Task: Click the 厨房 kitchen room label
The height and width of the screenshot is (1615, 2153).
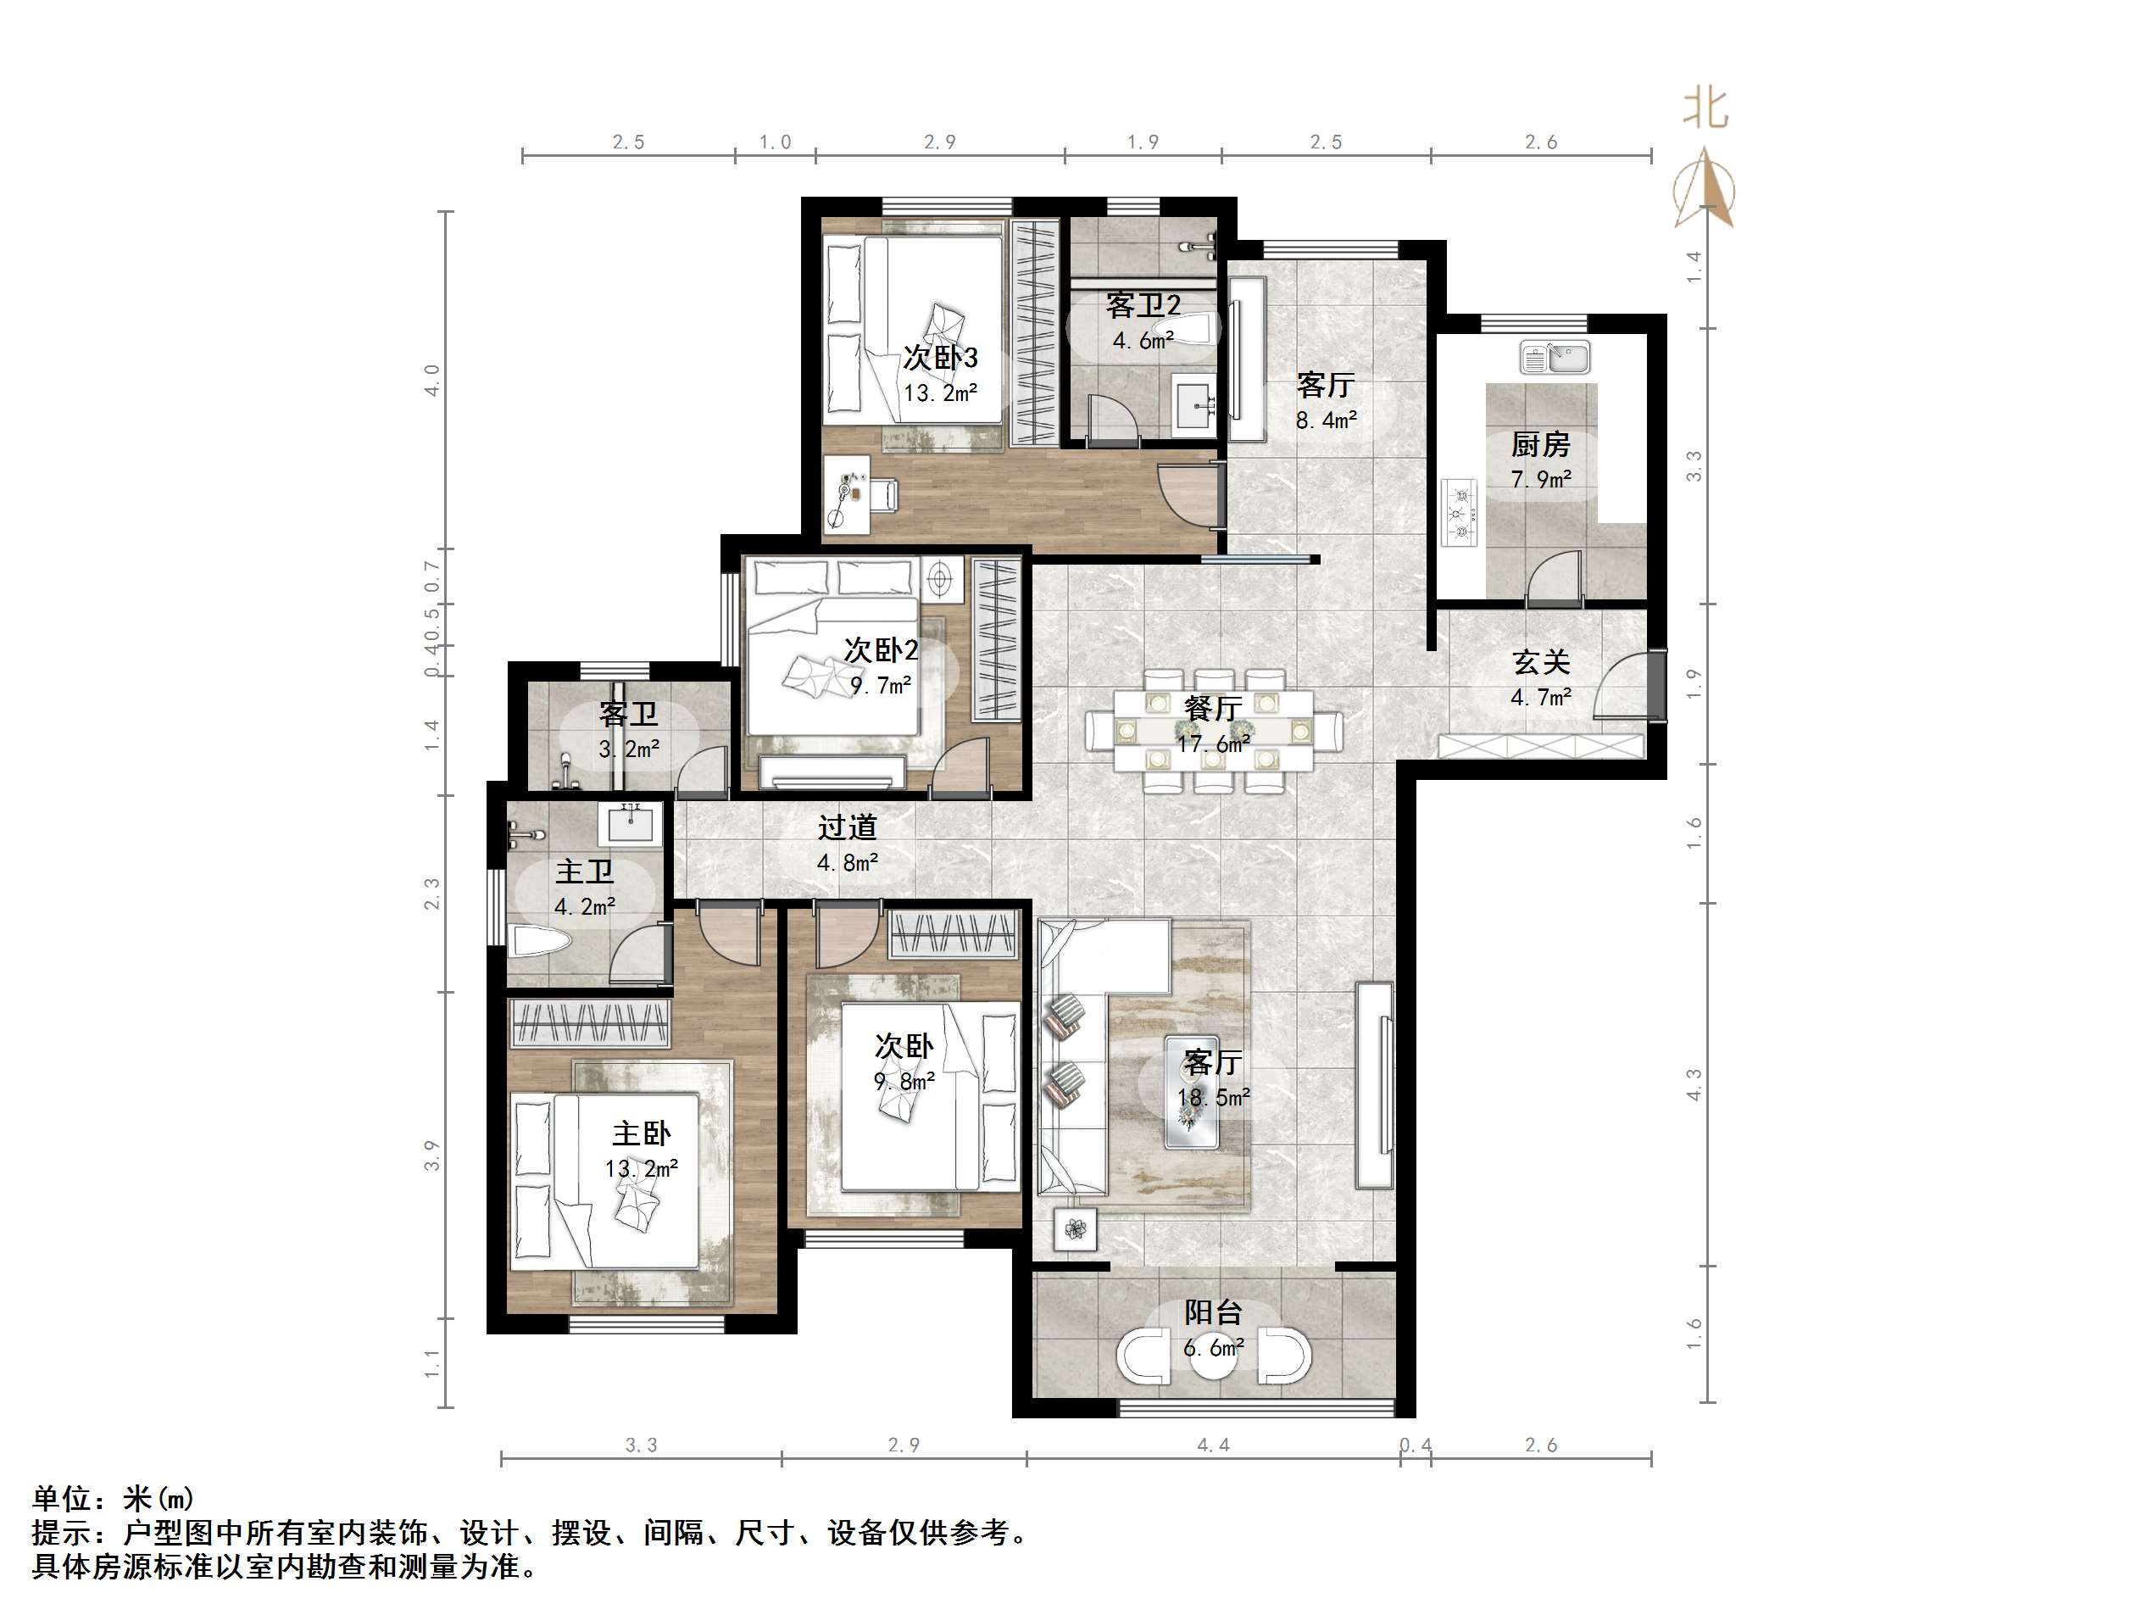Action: [1540, 445]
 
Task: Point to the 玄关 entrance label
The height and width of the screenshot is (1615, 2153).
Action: [1541, 663]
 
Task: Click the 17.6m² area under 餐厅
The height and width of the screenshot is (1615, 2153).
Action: [1213, 744]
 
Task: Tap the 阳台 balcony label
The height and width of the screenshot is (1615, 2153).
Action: [1213, 1313]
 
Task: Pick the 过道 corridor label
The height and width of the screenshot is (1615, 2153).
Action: [847, 827]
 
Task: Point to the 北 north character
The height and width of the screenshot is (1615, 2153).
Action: [1706, 108]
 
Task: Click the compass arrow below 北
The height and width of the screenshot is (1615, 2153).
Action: [1705, 190]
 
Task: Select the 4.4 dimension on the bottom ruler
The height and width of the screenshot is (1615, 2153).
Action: [1213, 1445]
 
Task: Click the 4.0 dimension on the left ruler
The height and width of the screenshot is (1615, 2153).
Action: [432, 380]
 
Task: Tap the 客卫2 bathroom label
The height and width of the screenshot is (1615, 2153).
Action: [1143, 306]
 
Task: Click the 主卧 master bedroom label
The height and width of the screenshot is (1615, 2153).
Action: [641, 1134]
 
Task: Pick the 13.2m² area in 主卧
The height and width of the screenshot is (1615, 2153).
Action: [641, 1169]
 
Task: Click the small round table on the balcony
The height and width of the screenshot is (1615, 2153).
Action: [1213, 1359]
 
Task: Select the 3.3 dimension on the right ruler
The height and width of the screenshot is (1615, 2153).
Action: [1694, 465]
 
